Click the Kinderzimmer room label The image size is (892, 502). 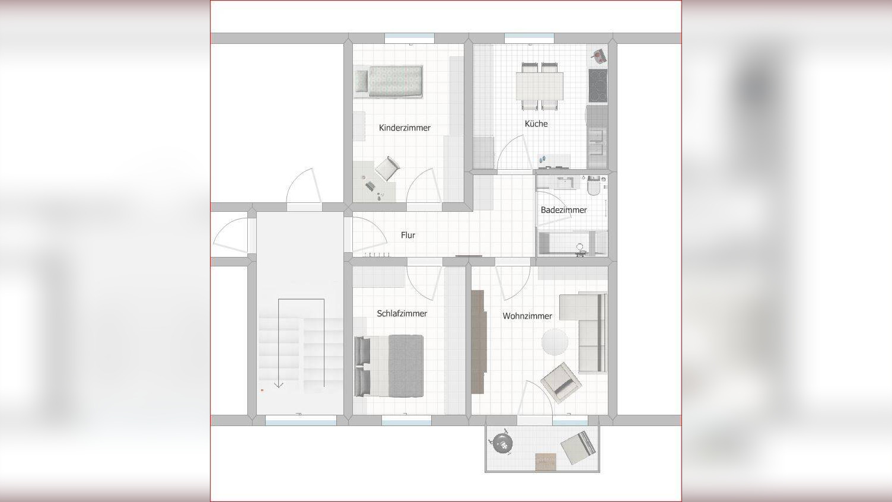click(404, 128)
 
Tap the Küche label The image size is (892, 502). click(536, 124)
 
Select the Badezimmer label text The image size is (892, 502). click(563, 210)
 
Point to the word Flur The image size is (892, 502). click(408, 236)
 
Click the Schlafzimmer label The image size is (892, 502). click(402, 313)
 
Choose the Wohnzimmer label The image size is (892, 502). click(527, 316)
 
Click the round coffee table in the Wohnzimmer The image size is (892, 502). click(555, 342)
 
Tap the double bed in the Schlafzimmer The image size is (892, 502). click(388, 366)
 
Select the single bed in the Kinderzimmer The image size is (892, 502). click(388, 81)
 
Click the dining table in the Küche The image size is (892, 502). click(539, 86)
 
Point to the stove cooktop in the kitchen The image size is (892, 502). click(598, 85)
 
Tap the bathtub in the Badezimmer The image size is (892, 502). click(572, 243)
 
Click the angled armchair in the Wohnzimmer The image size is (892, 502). click(560, 383)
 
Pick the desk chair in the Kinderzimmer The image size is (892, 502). click(387, 168)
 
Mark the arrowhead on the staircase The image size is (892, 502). click(278, 385)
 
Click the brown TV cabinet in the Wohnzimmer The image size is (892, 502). click(479, 342)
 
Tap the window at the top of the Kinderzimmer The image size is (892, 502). click(409, 38)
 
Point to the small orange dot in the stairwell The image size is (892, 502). click(262, 390)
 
